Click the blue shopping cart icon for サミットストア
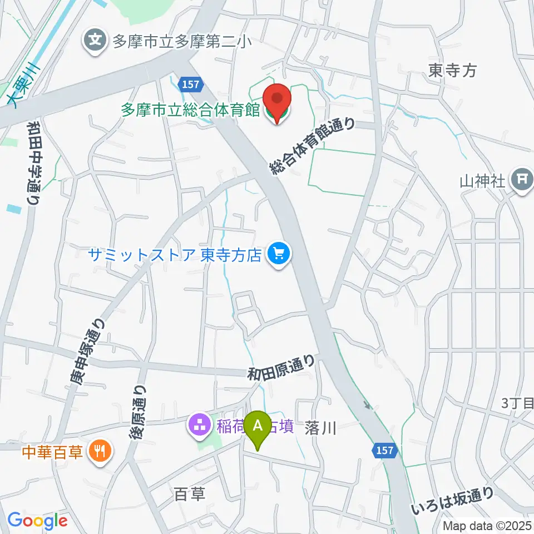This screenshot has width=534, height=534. tap(278, 255)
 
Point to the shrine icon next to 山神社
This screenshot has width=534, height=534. tap(522, 180)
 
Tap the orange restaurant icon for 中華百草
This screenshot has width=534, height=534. tap(101, 451)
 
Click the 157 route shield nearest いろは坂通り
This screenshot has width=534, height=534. tap(383, 449)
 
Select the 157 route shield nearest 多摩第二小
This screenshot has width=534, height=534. tap(189, 84)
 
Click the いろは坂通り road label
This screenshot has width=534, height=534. tap(452, 501)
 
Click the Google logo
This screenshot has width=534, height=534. tap(37, 520)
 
